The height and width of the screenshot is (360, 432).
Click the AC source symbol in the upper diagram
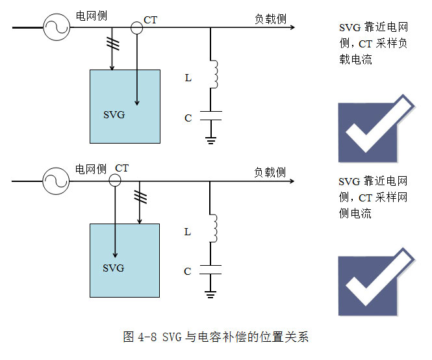[56, 28]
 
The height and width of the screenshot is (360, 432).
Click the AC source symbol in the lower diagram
[56, 181]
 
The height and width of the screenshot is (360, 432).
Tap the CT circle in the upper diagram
[137, 27]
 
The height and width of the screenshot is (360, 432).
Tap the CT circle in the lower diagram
[114, 181]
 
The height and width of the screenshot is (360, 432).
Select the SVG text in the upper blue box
[114, 115]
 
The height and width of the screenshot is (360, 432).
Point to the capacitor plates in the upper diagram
[210, 115]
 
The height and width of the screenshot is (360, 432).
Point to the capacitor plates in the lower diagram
[210, 269]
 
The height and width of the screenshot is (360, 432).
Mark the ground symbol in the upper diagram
[210, 139]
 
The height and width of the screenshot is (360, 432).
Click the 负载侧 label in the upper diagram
[270, 19]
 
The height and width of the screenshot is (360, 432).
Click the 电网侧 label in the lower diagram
[90, 170]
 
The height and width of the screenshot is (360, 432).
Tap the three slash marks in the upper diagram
[113, 44]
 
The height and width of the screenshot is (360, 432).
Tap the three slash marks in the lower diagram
[139, 196]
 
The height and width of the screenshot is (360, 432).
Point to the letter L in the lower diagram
[188, 231]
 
